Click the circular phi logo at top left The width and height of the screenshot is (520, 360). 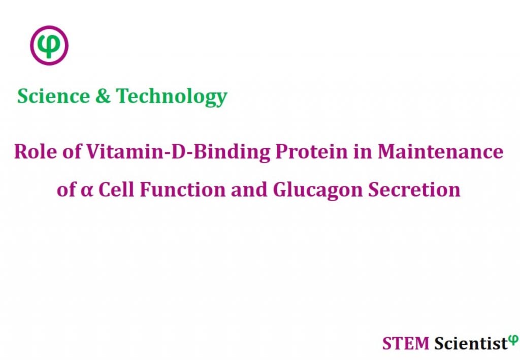pyautogui.click(x=49, y=46)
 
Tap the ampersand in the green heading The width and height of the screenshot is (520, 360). pyautogui.click(x=103, y=95)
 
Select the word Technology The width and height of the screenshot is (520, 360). pyautogui.click(x=172, y=96)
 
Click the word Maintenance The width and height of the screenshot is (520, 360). pyautogui.click(x=439, y=151)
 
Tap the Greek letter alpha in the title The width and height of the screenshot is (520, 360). pyautogui.click(x=88, y=190)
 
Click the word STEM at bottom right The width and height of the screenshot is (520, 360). pyautogui.click(x=406, y=343)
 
